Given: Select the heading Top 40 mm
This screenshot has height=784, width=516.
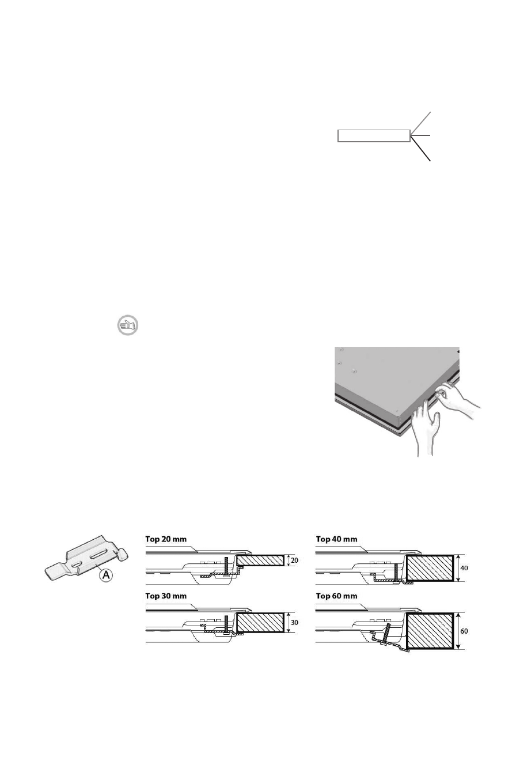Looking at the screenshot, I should click(337, 539).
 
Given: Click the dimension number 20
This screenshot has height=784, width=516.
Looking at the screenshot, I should click(295, 559).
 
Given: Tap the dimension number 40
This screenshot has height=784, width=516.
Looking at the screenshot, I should click(465, 567).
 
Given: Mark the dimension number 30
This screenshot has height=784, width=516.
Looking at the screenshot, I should click(295, 623).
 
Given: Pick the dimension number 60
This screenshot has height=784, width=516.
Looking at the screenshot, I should click(465, 631).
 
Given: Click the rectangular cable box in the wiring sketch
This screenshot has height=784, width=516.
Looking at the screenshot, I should click(373, 136).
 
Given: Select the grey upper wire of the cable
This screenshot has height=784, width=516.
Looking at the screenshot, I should click(421, 123).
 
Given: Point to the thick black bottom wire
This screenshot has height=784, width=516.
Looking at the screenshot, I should click(421, 149).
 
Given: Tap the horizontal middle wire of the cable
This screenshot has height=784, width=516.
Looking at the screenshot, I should click(421, 135).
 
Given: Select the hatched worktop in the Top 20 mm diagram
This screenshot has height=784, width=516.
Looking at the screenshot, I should click(260, 559).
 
